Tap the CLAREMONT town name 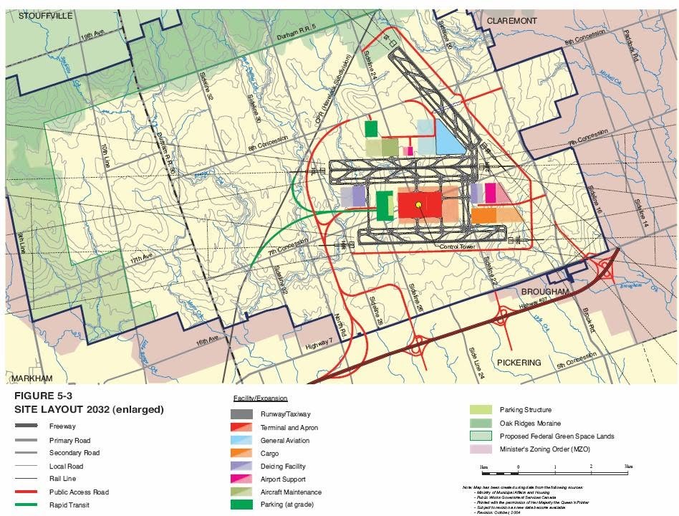511,21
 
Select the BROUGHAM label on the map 544,292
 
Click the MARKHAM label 34,378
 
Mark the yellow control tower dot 418,205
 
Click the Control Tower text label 458,247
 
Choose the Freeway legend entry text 62,426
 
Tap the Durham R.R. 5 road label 297,36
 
